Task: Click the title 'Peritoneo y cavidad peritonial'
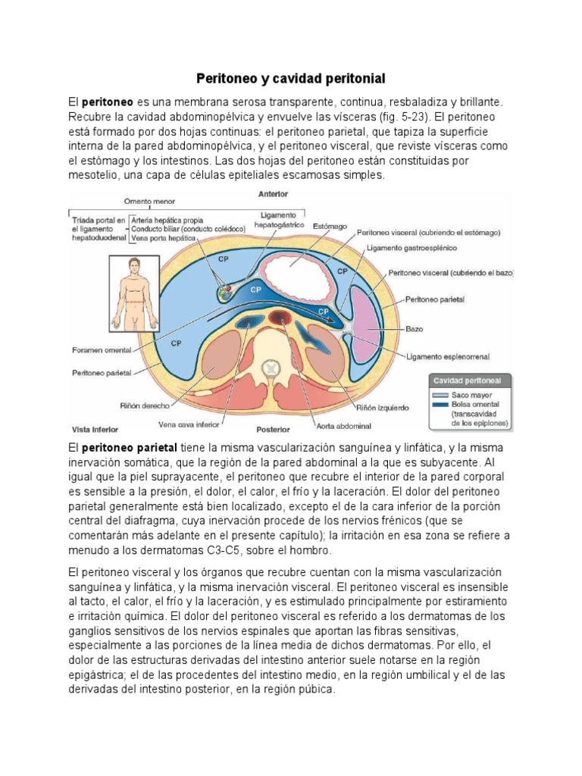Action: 291,78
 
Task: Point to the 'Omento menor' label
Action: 149,202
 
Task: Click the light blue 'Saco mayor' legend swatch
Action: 440,395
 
